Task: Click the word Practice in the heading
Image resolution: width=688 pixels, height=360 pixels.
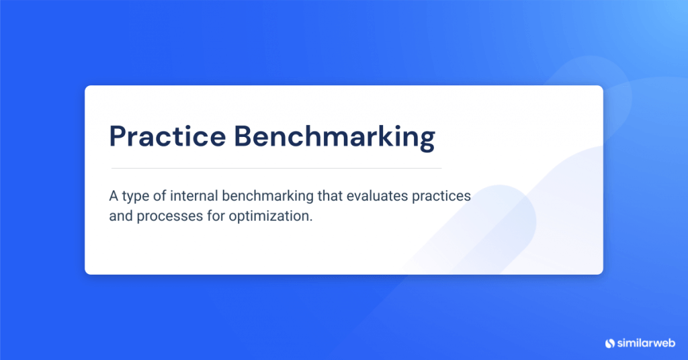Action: click(x=167, y=136)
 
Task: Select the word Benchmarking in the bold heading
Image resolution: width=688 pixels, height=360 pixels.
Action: click(x=334, y=138)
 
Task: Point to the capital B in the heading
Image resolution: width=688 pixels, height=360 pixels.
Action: click(x=244, y=136)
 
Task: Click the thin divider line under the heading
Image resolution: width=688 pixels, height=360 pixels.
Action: click(x=275, y=168)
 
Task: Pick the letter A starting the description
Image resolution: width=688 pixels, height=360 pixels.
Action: click(x=114, y=197)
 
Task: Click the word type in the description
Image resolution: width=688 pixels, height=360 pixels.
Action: click(x=137, y=198)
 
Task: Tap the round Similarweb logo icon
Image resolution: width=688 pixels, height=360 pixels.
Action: click(x=610, y=343)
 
